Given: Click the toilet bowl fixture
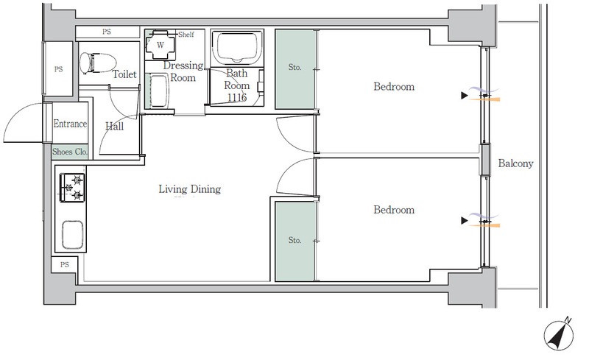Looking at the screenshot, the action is [97, 63].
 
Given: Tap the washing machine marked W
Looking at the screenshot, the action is [161, 45].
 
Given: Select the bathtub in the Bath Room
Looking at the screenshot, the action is [236, 46].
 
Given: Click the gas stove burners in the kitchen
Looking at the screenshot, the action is [72, 188].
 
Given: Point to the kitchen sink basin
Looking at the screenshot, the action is [72, 235].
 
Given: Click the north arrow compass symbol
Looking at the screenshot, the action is [559, 334].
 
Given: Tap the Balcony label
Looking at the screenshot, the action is [515, 163].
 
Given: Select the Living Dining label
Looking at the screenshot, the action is [190, 188].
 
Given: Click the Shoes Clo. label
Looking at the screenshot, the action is [70, 152].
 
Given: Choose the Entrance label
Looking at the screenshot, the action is [70, 124].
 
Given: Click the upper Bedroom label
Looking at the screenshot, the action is [394, 86].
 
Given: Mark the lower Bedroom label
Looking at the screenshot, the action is [394, 210].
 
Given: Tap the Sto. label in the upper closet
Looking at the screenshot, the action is [295, 67].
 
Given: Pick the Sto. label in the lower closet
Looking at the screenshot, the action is [295, 240].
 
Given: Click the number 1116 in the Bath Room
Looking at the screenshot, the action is [237, 98].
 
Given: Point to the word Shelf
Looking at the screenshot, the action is [186, 35].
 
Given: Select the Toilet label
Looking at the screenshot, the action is [124, 74].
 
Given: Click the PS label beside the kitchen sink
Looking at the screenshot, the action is [65, 265].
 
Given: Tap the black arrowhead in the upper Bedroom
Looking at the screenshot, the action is [465, 96].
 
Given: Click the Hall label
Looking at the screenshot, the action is [115, 127].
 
